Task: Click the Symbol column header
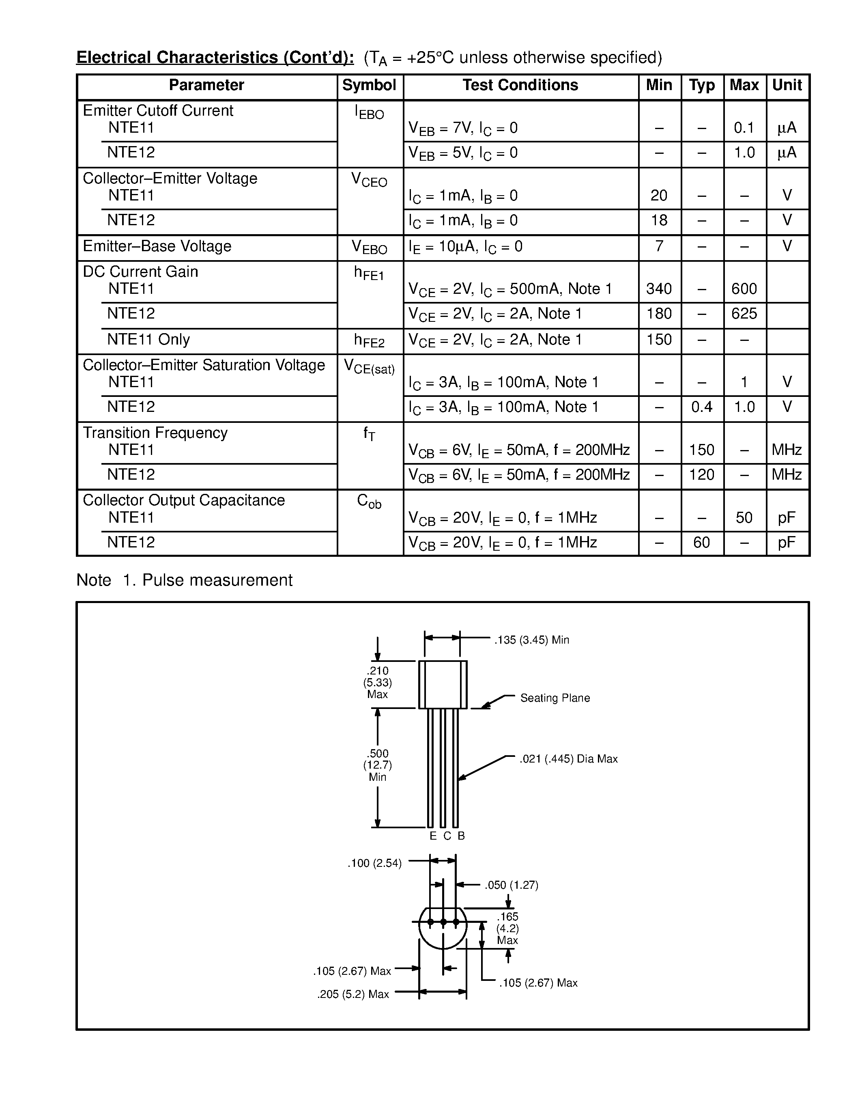point(369,85)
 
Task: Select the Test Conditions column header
point(520,85)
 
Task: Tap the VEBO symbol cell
point(369,247)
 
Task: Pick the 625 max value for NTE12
point(744,314)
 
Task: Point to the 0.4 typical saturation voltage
point(702,407)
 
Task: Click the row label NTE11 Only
point(148,339)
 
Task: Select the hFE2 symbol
point(369,340)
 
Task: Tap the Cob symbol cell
point(369,501)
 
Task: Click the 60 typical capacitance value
point(702,542)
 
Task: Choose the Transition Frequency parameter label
point(155,433)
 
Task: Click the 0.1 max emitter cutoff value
point(744,128)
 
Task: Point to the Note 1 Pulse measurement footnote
point(184,580)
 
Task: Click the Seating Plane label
point(555,698)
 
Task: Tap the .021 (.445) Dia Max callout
point(568,759)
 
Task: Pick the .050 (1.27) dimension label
point(511,885)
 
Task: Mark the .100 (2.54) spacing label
point(374,864)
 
